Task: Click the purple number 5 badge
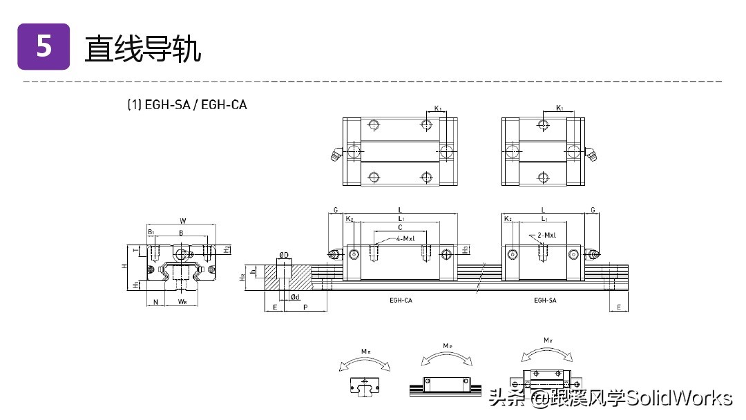click(44, 46)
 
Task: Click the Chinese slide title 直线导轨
click(142, 48)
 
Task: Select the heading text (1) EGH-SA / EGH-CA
click(186, 105)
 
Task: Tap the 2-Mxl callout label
click(546, 235)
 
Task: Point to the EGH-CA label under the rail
click(401, 300)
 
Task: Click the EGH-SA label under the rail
click(545, 300)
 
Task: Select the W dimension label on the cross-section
click(182, 221)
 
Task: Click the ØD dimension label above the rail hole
click(283, 254)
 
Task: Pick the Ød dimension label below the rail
click(295, 296)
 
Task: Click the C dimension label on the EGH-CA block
click(400, 227)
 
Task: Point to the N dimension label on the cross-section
click(156, 301)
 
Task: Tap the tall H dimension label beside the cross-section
click(122, 265)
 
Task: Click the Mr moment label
click(365, 351)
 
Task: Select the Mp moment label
click(447, 345)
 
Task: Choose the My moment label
click(547, 340)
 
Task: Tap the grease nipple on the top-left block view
click(336, 155)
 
